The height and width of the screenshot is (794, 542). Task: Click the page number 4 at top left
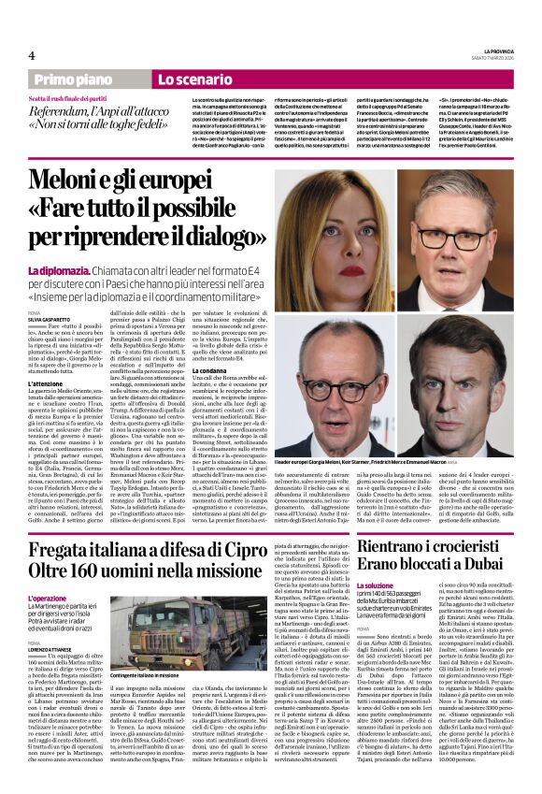pos(32,53)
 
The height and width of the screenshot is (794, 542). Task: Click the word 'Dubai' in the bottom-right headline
pos(491,570)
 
